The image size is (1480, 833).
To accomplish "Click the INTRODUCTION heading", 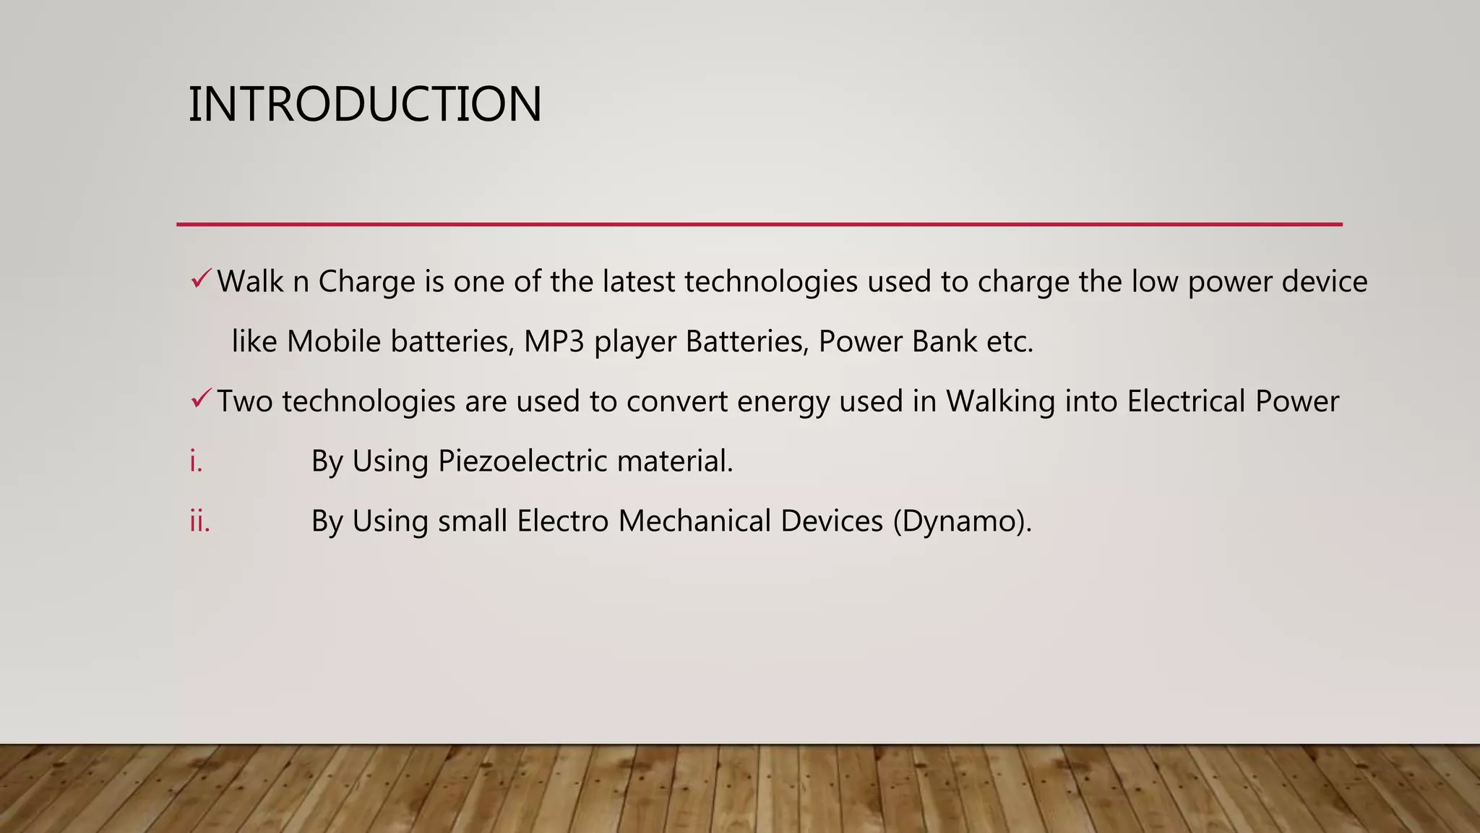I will coord(365,104).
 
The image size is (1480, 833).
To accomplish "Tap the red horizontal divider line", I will coord(759,224).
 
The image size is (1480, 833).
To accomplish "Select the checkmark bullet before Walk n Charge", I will coord(201,278).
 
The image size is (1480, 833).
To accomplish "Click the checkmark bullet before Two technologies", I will coord(201,398).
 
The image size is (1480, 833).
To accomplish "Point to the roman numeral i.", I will coord(196,461).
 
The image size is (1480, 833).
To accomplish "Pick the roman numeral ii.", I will coord(199,521).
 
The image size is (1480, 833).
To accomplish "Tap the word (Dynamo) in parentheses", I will coord(962,521).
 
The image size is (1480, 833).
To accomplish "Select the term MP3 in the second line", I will coord(554,341).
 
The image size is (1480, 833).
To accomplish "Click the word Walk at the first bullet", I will coord(250,281).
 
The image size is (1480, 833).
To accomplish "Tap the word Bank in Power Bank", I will coord(945,341).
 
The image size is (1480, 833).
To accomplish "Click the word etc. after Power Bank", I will coord(1010,341).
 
